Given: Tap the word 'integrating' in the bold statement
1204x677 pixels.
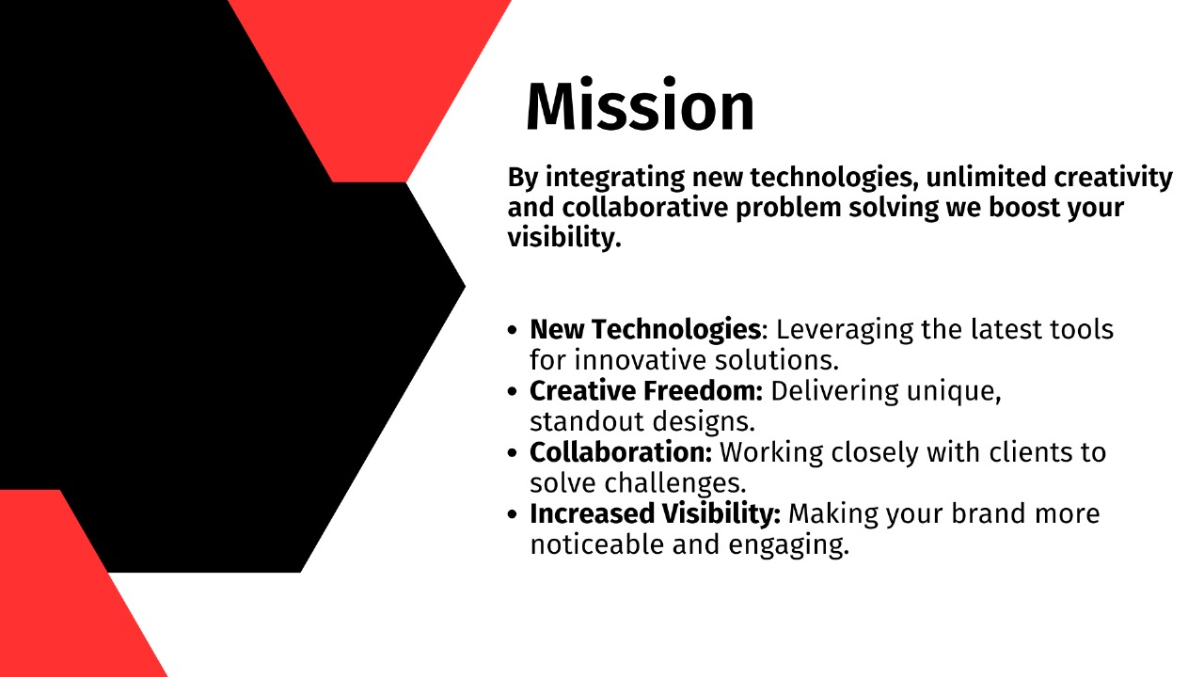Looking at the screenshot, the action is click(x=615, y=179).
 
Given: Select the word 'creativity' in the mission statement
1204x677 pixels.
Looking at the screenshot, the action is click(x=1113, y=179).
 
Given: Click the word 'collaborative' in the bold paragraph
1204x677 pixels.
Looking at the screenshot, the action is click(x=645, y=208).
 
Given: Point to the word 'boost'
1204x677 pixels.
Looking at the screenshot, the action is click(x=1024, y=208).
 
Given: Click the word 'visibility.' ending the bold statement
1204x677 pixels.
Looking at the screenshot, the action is click(x=564, y=238).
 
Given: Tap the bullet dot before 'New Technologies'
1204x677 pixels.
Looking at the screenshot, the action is click(x=512, y=330).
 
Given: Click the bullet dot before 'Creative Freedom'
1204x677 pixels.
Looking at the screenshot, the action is click(x=512, y=392).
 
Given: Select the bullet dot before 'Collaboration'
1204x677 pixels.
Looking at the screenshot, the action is click(x=512, y=453).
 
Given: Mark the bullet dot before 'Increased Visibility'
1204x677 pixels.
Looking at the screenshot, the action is click(x=512, y=514).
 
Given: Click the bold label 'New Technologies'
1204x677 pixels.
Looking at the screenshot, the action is click(x=645, y=330).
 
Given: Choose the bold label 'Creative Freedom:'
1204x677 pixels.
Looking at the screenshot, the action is click(x=646, y=391).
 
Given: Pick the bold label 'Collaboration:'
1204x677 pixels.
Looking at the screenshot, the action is click(x=621, y=452).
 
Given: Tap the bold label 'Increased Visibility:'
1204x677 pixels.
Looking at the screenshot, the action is click(x=656, y=514).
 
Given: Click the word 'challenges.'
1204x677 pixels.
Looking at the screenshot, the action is click(x=675, y=483).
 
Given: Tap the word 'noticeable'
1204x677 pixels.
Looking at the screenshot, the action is click(x=597, y=544).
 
